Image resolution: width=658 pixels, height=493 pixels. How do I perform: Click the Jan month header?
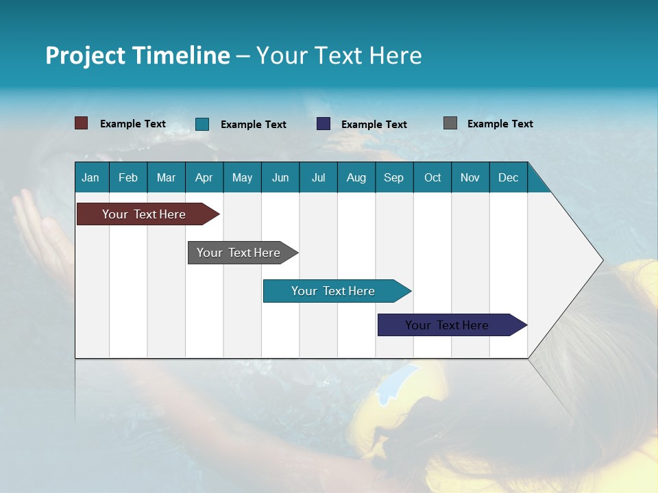point(91,177)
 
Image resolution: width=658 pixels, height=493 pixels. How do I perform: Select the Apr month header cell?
point(204,177)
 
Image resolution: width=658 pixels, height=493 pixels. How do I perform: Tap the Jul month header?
point(318,177)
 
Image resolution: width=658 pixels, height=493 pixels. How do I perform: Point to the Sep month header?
point(393,177)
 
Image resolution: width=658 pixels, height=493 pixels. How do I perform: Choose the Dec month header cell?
point(508,177)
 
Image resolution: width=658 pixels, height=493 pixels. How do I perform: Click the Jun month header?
point(280,177)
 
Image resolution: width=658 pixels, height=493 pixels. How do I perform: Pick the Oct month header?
point(432,177)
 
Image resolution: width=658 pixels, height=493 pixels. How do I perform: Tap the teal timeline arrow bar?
point(334,291)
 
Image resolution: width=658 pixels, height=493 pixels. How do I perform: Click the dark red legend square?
point(81,123)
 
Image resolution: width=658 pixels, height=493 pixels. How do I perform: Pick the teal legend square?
point(202,124)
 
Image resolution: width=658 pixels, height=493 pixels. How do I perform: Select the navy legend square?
point(323,124)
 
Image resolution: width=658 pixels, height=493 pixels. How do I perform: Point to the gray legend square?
point(450,123)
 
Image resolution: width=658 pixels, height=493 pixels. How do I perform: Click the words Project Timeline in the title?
point(137,55)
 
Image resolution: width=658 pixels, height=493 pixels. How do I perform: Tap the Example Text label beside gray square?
point(500,124)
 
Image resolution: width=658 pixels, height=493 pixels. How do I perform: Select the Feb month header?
point(128,177)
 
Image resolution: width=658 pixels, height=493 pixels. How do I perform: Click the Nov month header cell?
point(470,177)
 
